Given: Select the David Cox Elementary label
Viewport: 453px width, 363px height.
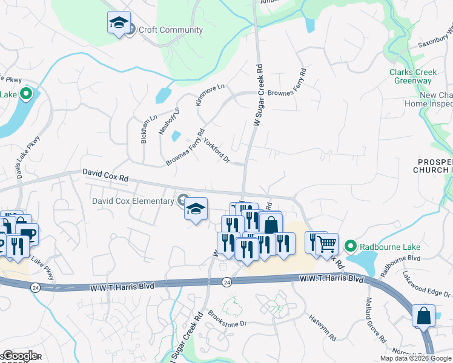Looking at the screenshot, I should [x=133, y=200].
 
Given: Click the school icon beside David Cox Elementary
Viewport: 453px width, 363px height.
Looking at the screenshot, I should [x=196, y=209].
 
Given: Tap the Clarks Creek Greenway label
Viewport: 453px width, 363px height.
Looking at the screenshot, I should [x=413, y=77].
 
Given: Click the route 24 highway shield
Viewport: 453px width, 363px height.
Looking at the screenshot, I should [x=226, y=282].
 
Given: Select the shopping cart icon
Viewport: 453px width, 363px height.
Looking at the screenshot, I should [x=327, y=244].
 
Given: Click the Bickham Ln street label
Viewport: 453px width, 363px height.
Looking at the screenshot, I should [x=145, y=128].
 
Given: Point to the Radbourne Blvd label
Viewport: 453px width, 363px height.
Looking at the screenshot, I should [x=392, y=265].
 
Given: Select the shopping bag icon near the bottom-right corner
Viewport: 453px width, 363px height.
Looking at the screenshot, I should [x=423, y=315].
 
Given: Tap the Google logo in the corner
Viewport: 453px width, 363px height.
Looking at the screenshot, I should [x=20, y=356].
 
